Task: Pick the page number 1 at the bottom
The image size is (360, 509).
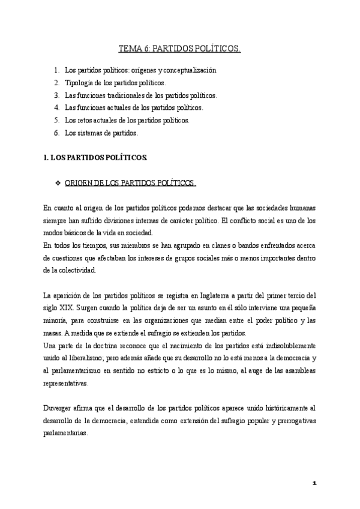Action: click(314, 483)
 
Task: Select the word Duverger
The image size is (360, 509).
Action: click(58, 408)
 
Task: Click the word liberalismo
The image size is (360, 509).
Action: click(90, 358)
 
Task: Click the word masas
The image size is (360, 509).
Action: click(53, 333)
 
